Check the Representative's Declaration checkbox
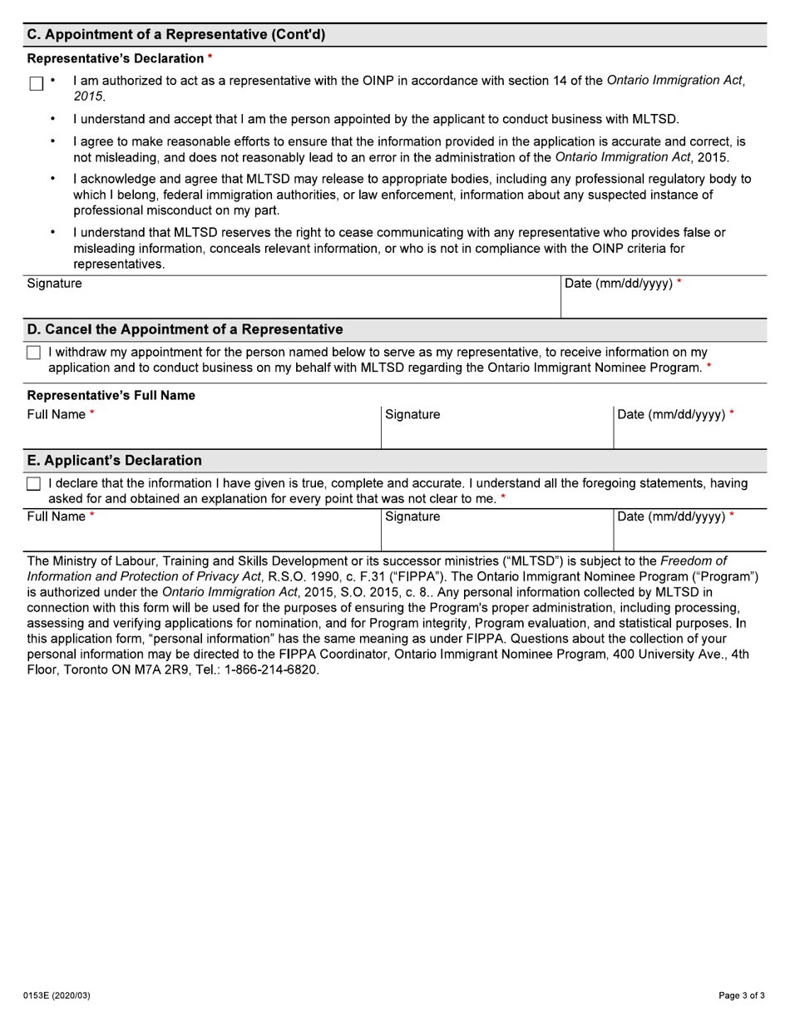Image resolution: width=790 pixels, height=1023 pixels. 36,84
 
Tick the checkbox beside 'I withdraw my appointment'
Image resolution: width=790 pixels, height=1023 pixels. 33,353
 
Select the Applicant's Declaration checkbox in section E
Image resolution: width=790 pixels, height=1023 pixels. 33,484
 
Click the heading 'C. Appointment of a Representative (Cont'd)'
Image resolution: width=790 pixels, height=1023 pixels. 176,35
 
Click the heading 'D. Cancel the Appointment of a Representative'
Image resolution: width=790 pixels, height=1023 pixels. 185,329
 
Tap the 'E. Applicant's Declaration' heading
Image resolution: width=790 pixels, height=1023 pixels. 115,461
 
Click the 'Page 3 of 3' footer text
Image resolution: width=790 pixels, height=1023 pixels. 742,995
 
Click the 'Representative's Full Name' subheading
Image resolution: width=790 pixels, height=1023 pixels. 111,396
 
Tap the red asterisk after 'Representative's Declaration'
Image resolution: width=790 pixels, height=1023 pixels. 210,57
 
